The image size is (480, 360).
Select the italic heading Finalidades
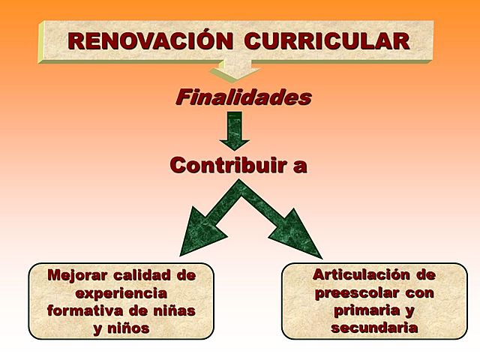pyautogui.click(x=242, y=97)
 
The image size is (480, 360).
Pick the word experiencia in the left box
pyautogui.click(x=121, y=292)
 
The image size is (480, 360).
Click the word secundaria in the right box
pyautogui.click(x=374, y=328)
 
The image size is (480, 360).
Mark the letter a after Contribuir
pyautogui.click(x=300, y=166)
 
